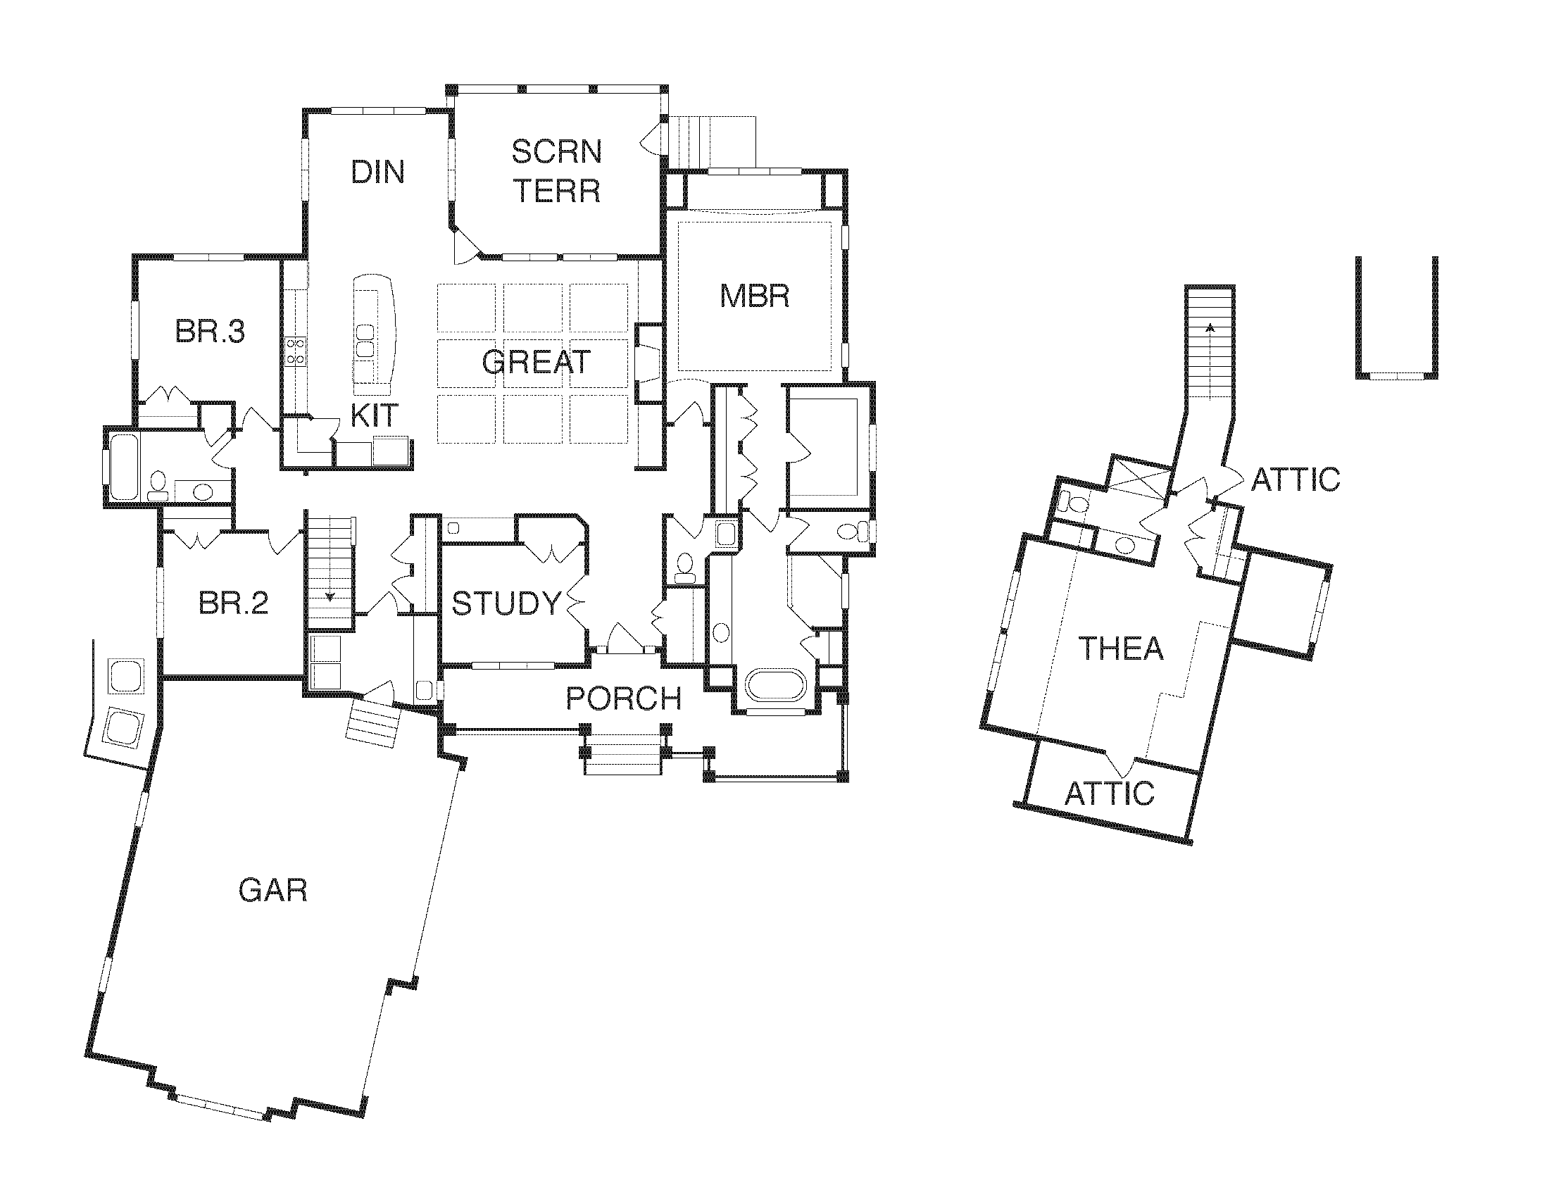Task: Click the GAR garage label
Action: (273, 890)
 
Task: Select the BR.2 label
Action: (233, 603)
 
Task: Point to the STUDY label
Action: (506, 603)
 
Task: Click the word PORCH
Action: (623, 699)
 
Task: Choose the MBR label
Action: (754, 296)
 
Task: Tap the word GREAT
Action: (537, 363)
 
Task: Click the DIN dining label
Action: (378, 173)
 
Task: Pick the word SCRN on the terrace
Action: (557, 152)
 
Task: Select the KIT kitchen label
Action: (375, 416)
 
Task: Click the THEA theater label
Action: (1121, 649)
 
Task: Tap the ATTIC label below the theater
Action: (1109, 794)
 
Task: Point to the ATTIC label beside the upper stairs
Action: (1295, 480)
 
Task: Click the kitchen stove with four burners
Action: (295, 351)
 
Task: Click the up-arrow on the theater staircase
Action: (1210, 327)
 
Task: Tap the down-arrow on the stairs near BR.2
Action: (330, 596)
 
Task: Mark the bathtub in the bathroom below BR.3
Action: (123, 466)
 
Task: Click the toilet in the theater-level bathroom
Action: (1075, 504)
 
